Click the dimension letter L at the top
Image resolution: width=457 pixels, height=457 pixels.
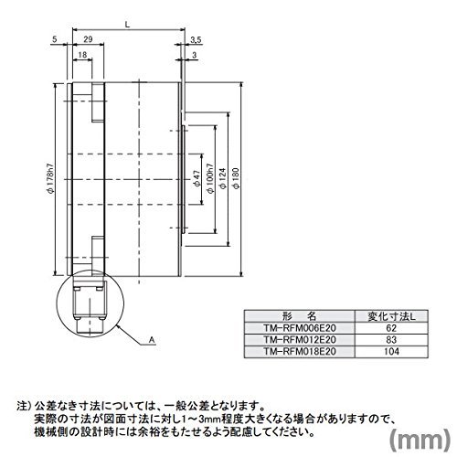[x=128, y=25]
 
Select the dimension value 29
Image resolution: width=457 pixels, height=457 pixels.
[x=88, y=39]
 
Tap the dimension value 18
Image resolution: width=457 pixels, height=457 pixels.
[x=82, y=55]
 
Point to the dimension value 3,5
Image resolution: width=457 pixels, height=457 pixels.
[x=196, y=40]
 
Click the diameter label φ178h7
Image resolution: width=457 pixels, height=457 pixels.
[x=50, y=179]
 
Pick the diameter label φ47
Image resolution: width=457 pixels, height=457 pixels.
[x=197, y=178]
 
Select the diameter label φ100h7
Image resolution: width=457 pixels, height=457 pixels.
[x=210, y=178]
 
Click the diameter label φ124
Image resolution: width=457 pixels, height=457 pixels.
[x=223, y=178]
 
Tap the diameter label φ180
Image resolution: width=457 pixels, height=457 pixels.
[x=236, y=178]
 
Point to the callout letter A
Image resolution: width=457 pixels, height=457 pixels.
[x=152, y=340]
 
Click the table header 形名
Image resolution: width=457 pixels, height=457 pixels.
[x=300, y=316]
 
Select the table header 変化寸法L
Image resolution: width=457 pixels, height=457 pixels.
[x=391, y=316]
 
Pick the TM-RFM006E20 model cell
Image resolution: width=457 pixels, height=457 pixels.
[x=300, y=328]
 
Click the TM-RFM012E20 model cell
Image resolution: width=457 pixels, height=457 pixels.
[x=300, y=340]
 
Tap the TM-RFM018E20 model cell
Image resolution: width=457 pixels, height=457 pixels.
[x=300, y=352]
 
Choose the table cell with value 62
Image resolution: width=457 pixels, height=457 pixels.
[x=391, y=328]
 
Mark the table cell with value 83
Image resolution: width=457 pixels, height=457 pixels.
[x=391, y=340]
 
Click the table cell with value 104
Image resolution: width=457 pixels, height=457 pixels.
[x=391, y=352]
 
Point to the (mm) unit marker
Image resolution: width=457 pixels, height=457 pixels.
[x=420, y=439]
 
